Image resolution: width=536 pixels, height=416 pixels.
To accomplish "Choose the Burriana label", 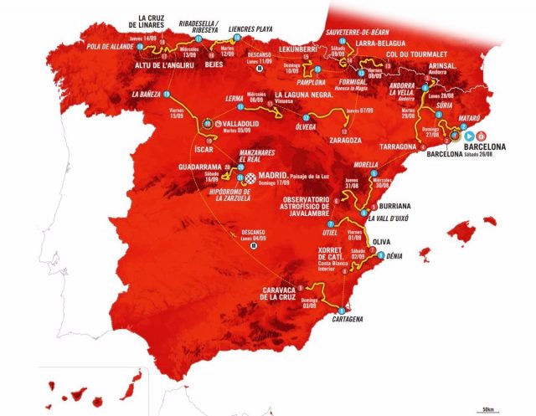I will pos(389,204).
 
